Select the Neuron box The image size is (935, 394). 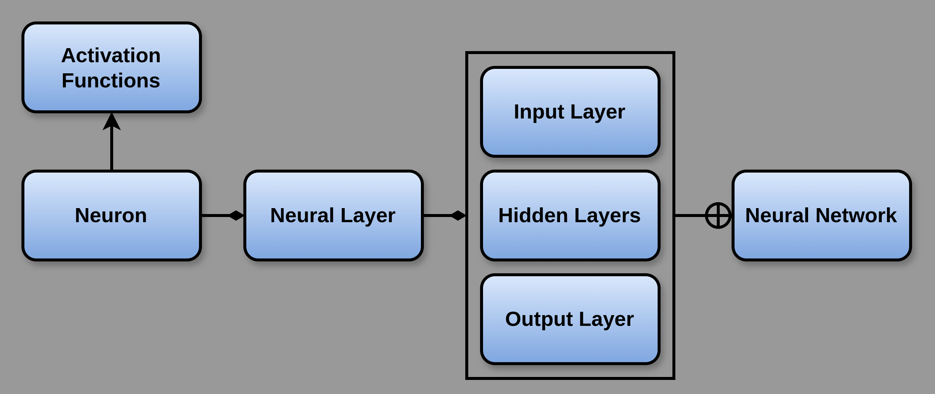coord(111,215)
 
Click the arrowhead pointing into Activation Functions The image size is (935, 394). coord(112,122)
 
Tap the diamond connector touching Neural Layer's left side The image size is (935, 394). coord(236,216)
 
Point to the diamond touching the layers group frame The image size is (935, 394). coord(458,216)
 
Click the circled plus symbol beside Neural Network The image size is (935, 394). coord(718,216)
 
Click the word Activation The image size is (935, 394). coord(111,56)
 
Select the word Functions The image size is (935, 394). coord(111,81)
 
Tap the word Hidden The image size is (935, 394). coord(533,215)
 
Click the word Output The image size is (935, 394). coord(539,319)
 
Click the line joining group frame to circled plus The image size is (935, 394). coord(690,216)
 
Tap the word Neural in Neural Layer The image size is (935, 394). coord(302,215)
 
